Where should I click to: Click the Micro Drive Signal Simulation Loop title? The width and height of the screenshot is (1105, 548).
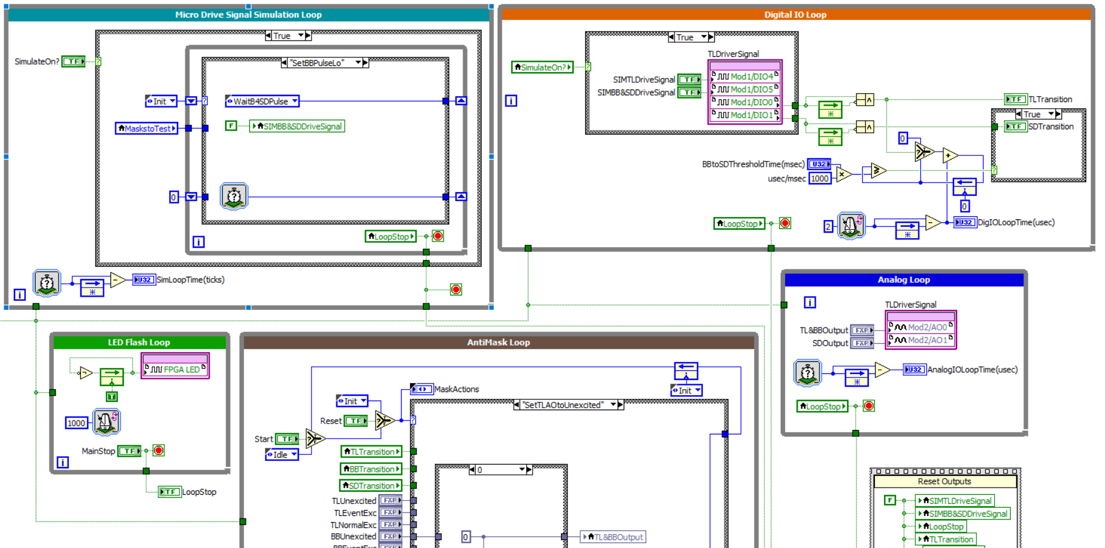pos(248,15)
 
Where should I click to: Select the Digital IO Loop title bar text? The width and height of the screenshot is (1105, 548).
pos(795,15)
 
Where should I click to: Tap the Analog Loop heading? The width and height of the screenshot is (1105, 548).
pos(903,280)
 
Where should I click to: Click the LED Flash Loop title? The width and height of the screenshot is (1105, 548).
pos(139,343)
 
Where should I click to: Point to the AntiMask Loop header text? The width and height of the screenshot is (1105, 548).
pos(498,343)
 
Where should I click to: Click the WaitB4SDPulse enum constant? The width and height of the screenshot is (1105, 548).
pos(262,102)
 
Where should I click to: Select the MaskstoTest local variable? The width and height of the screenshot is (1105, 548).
pos(147,128)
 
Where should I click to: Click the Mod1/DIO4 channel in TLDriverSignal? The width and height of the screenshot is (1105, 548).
pos(747,77)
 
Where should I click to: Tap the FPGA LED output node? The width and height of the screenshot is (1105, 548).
pos(176,369)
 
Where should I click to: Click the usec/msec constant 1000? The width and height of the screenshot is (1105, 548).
pos(819,178)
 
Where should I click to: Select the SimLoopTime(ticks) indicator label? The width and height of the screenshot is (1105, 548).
pos(191,280)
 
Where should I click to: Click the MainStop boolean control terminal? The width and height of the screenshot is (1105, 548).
pos(129,451)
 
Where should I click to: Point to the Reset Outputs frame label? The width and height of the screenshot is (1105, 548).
pos(944,482)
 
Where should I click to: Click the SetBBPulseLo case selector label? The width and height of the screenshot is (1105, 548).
pos(318,63)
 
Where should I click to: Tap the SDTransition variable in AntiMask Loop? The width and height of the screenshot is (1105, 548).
pos(371,486)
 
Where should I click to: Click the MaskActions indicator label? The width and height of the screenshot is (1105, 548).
pos(456,389)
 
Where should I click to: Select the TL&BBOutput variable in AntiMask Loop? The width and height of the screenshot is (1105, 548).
pos(614,537)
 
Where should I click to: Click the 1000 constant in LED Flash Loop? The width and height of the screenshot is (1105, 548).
pos(76,423)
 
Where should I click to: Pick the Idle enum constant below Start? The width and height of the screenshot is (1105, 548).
pos(281,455)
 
